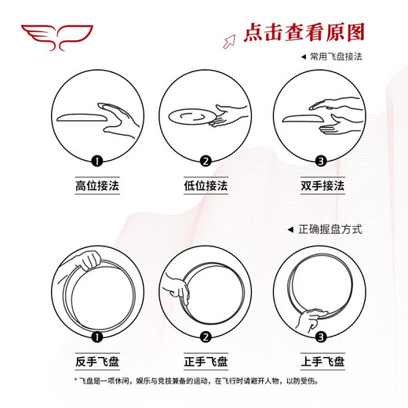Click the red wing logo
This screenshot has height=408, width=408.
(56, 36)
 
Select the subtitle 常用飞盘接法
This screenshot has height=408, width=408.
(335, 57)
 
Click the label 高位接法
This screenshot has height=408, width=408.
(97, 186)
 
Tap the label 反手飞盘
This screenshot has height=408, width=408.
(97, 361)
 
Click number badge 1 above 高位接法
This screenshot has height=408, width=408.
(97, 162)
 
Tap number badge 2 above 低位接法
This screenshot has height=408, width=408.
(206, 162)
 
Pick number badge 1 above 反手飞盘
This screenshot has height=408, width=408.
(97, 338)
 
